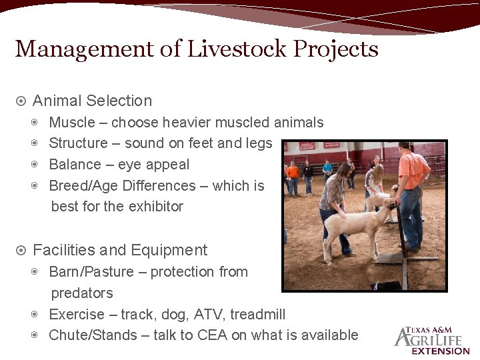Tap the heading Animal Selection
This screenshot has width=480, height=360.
[x=92, y=101]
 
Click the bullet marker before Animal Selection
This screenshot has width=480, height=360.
[x=21, y=101]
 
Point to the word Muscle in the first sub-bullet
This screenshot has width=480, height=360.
[x=71, y=123]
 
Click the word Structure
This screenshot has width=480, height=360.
[x=78, y=143]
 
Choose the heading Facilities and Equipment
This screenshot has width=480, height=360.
[x=120, y=251]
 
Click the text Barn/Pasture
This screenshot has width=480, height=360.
[x=91, y=272]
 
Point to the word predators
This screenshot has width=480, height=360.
[x=82, y=293]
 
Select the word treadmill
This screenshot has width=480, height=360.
[x=257, y=315]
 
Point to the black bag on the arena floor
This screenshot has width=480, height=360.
[x=386, y=285]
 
